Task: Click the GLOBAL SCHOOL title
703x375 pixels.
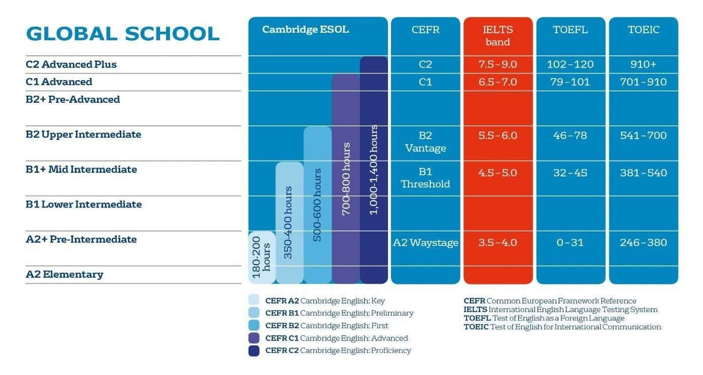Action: point(122,34)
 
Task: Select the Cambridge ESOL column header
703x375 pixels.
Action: point(305,29)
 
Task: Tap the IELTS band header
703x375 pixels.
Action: point(498,35)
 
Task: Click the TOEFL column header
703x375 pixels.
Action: point(570,30)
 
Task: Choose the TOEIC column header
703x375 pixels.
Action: point(643,30)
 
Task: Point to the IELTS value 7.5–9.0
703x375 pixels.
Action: point(498,64)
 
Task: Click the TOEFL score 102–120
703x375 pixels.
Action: point(570,64)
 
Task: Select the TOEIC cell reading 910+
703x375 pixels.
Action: point(643,64)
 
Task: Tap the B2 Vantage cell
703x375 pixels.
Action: point(425,142)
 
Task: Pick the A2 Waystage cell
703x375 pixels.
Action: point(425,243)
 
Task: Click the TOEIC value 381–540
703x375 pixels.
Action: point(643,173)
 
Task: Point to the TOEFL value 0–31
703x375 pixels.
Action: point(570,243)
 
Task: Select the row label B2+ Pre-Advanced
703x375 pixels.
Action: point(73,99)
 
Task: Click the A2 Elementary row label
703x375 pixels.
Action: point(64,275)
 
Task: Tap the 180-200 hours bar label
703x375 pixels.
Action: point(261,257)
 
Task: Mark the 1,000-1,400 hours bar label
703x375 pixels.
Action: point(374,170)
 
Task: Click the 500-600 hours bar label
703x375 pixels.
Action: point(317,205)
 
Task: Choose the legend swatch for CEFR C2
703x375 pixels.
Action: point(254,351)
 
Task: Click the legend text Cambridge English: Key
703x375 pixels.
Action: point(342,301)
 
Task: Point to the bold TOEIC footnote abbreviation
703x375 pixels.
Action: point(476,327)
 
